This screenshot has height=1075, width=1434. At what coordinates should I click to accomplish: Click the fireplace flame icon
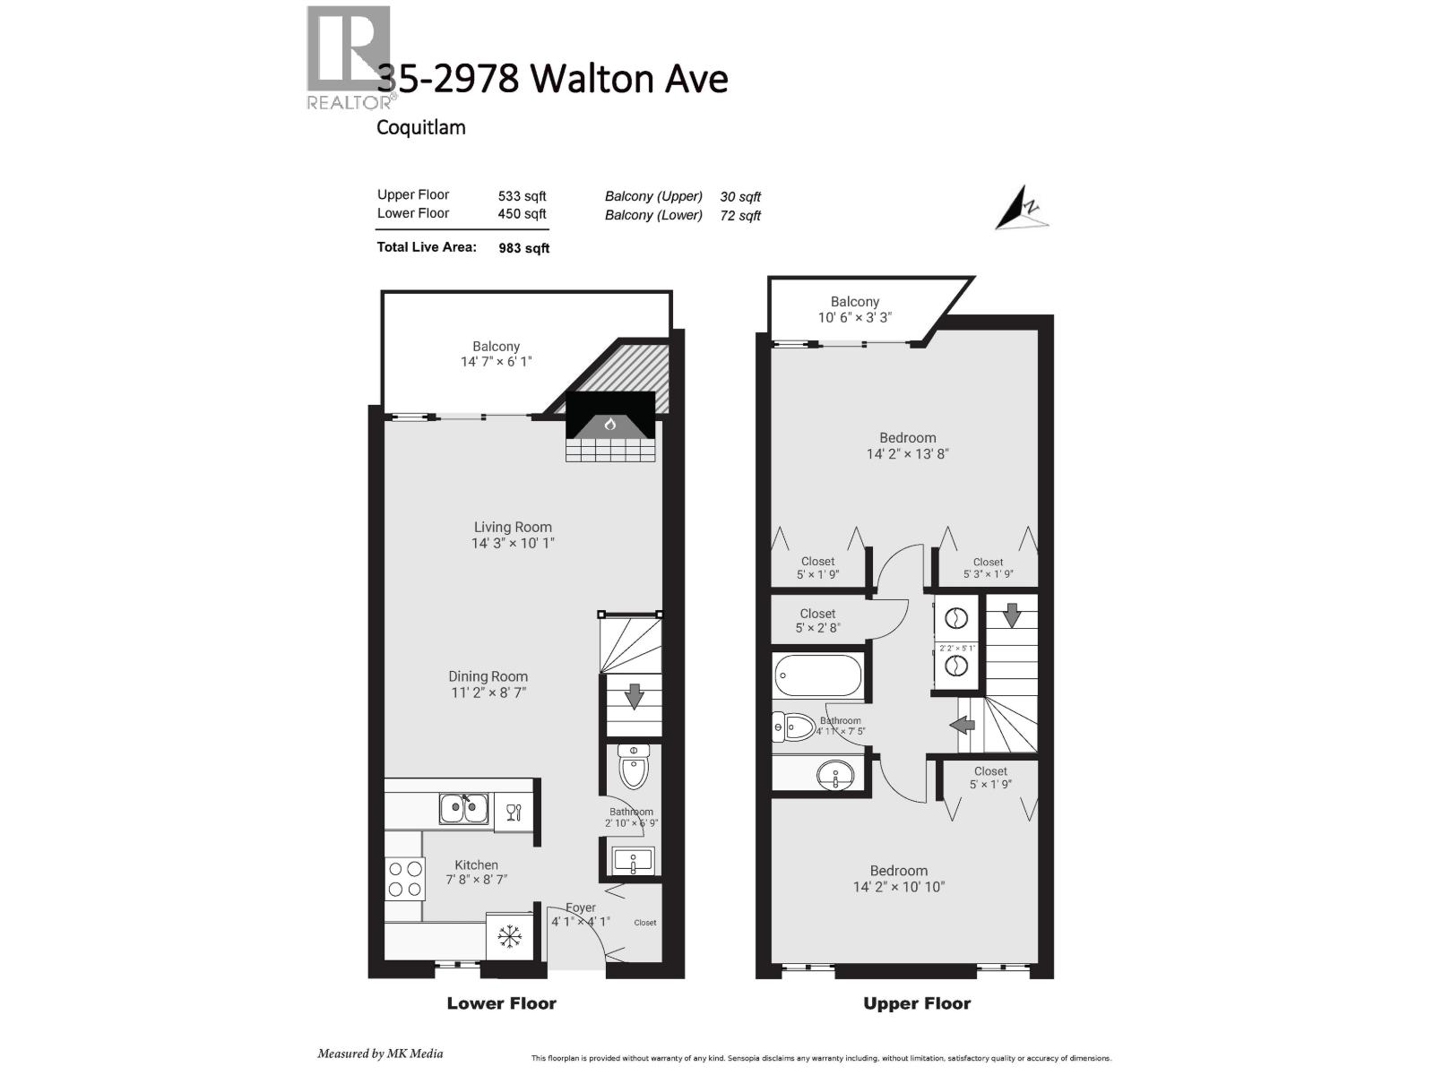pyautogui.click(x=610, y=424)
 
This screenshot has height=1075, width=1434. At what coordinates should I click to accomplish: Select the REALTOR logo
pyautogui.click(x=350, y=58)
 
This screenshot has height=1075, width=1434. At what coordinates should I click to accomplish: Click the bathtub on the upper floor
pyautogui.click(x=816, y=675)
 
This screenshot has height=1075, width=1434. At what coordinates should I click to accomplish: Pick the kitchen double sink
pyautogui.click(x=464, y=808)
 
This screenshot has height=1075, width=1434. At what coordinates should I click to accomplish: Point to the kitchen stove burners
pyautogui.click(x=403, y=878)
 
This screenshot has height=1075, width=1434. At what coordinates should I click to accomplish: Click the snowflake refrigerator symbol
pyautogui.click(x=510, y=937)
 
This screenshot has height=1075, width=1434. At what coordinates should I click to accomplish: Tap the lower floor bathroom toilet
pyautogui.click(x=634, y=767)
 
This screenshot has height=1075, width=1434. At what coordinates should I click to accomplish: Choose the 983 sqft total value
pyautogui.click(x=524, y=248)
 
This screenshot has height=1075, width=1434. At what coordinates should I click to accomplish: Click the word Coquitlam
pyautogui.click(x=420, y=127)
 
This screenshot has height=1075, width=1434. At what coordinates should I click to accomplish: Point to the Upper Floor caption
pyautogui.click(x=917, y=1003)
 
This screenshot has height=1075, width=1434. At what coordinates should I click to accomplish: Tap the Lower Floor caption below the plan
pyautogui.click(x=502, y=1003)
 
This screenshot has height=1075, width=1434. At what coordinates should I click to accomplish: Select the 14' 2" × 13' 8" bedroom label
pyautogui.click(x=907, y=446)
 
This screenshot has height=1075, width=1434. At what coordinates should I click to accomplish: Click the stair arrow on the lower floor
pyautogui.click(x=634, y=696)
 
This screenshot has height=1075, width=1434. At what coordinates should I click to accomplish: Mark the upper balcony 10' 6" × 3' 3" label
pyautogui.click(x=854, y=310)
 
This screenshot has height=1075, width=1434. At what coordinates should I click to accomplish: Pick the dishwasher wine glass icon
pyautogui.click(x=514, y=813)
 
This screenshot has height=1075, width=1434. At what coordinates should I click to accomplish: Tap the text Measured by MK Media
pyautogui.click(x=380, y=1053)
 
